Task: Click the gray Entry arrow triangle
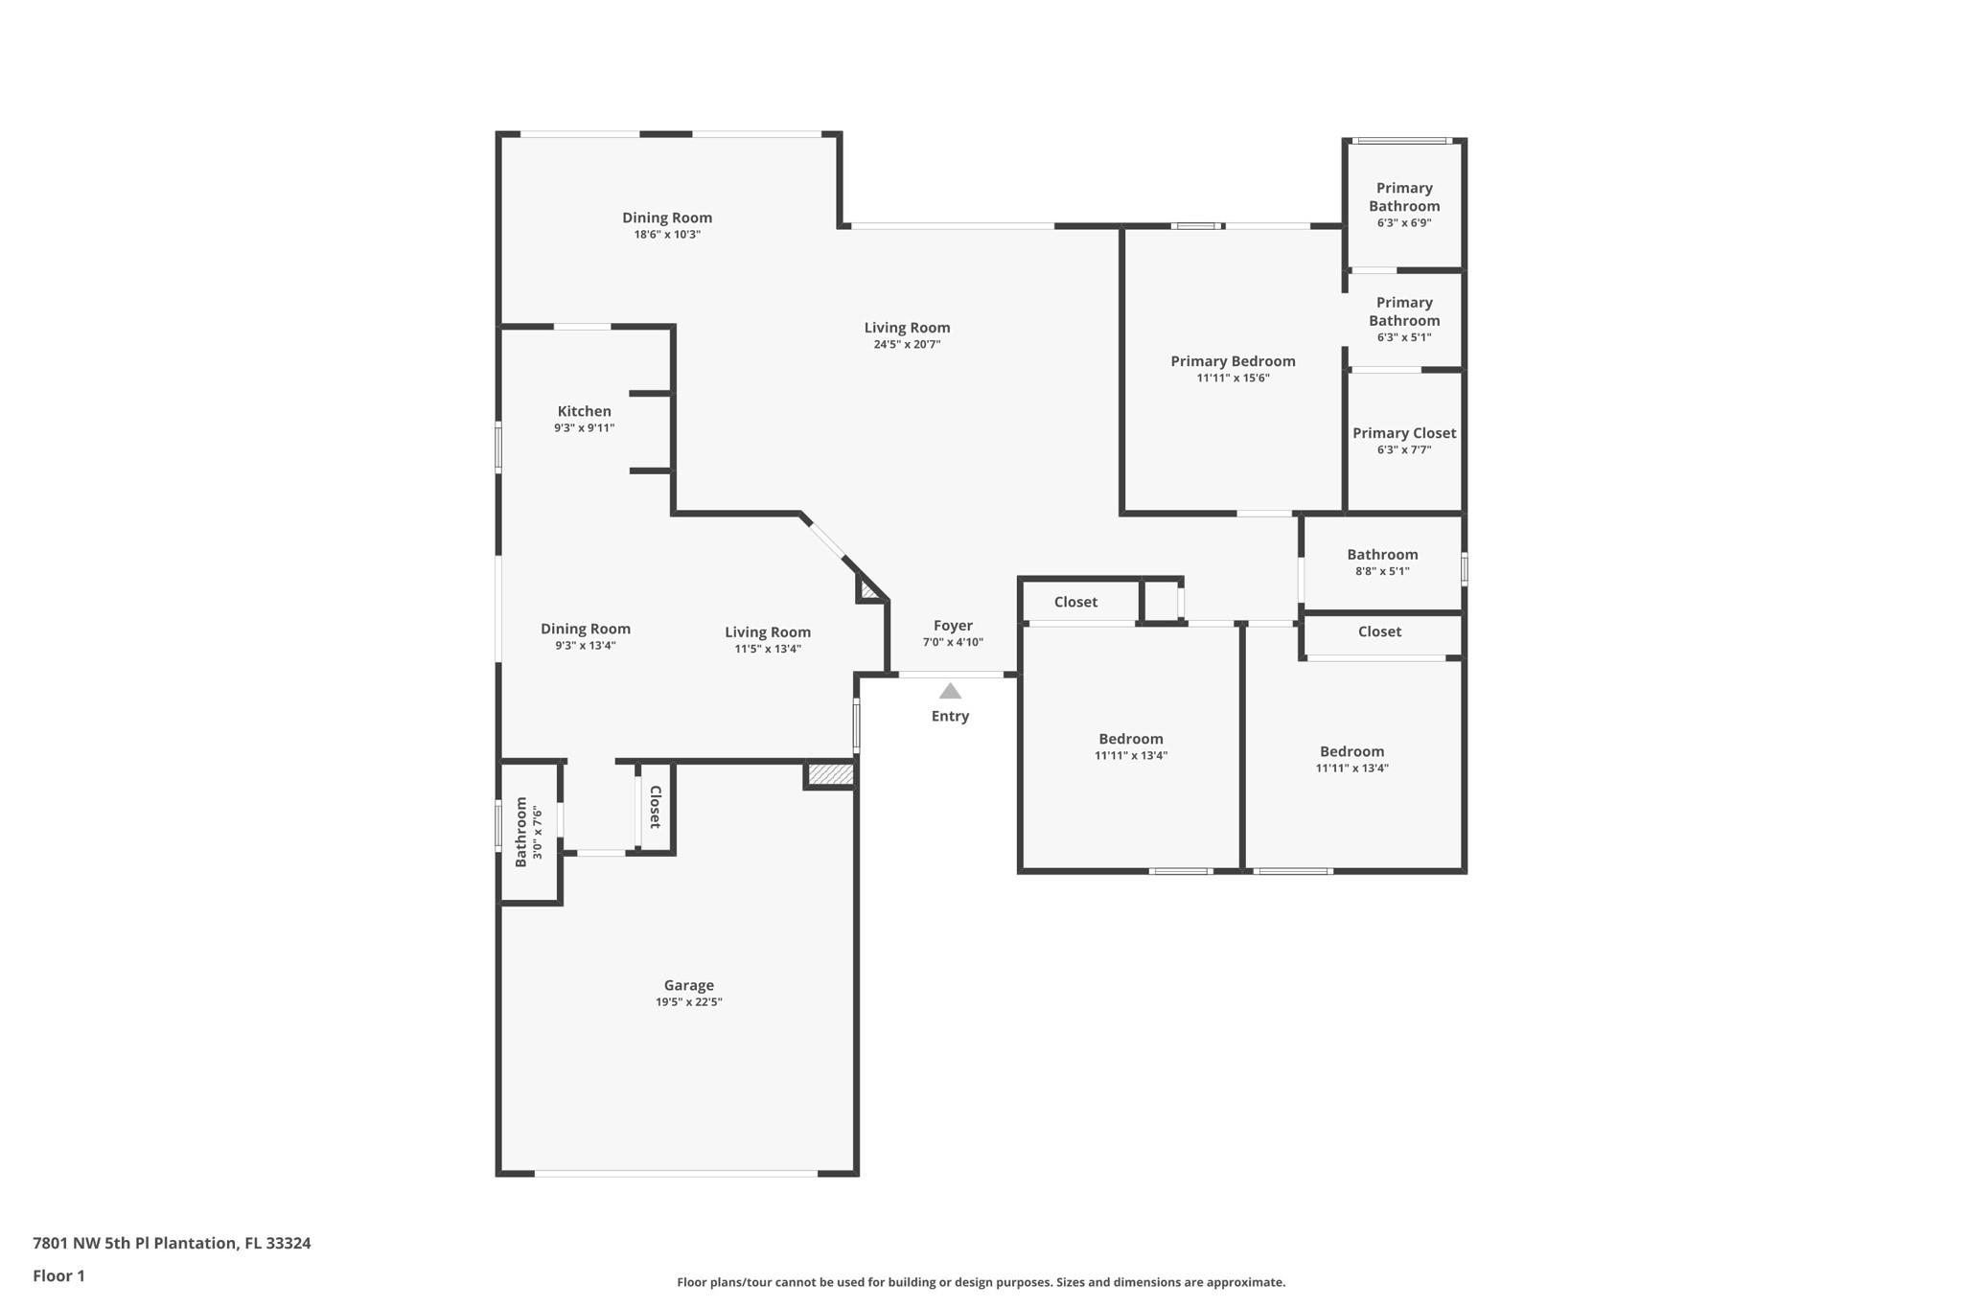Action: pyautogui.click(x=950, y=691)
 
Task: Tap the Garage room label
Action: pyautogui.click(x=689, y=985)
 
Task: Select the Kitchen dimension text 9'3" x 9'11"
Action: pyautogui.click(x=585, y=428)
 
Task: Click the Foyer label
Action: pyautogui.click(x=953, y=626)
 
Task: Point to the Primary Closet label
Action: pyautogui.click(x=1404, y=433)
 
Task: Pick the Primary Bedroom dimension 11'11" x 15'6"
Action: pyautogui.click(x=1233, y=379)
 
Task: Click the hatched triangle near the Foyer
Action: pyautogui.click(x=868, y=589)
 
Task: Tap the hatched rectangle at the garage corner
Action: pyautogui.click(x=830, y=774)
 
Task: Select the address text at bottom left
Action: pyautogui.click(x=172, y=1243)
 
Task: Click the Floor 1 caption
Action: pyautogui.click(x=58, y=1275)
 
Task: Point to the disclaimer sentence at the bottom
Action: pyautogui.click(x=981, y=1282)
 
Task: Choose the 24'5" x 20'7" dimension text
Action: pyautogui.click(x=907, y=345)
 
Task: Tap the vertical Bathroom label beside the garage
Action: pyautogui.click(x=521, y=832)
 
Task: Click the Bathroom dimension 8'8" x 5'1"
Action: pyautogui.click(x=1382, y=572)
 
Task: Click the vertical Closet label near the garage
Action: pyautogui.click(x=656, y=807)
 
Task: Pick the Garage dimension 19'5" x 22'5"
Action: pyautogui.click(x=689, y=1002)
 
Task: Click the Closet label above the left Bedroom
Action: pyautogui.click(x=1075, y=602)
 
